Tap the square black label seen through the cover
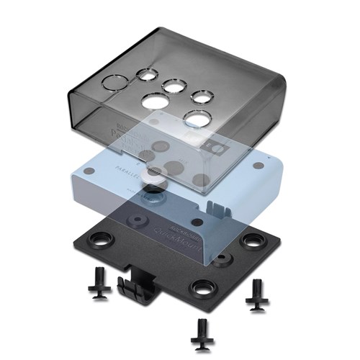[x=212, y=147]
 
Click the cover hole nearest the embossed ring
[x=148, y=74]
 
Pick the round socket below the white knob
[x=153, y=194]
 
